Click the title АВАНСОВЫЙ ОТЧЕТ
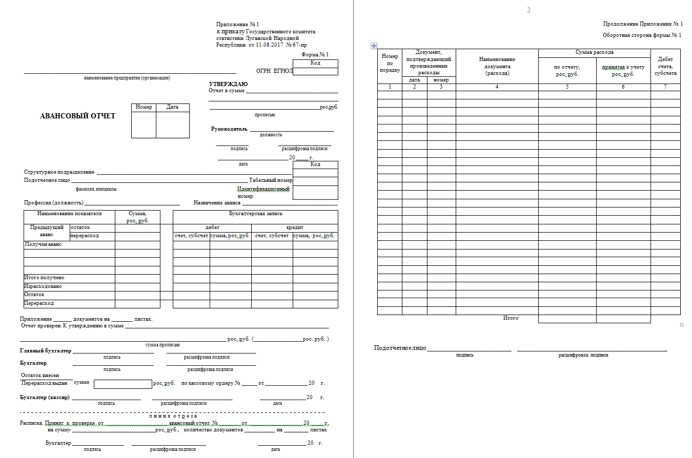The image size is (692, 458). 77,116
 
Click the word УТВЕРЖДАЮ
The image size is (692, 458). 228,84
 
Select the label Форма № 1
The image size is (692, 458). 315,54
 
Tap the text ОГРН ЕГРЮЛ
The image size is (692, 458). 274,71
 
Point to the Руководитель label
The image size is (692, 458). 229,129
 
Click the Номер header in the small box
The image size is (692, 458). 144,108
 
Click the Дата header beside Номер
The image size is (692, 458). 172,108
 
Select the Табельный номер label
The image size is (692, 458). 271,180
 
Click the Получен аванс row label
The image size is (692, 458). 43,244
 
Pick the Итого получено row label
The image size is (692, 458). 44,278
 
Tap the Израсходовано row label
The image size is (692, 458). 43,286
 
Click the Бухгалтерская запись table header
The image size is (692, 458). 255,214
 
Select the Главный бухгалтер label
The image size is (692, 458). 46,351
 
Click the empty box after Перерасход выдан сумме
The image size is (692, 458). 123,384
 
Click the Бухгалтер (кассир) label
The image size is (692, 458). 45,398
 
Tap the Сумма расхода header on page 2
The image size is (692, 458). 594,53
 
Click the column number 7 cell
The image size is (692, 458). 665,87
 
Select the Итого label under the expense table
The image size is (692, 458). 511,318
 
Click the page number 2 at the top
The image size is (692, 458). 528,10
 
